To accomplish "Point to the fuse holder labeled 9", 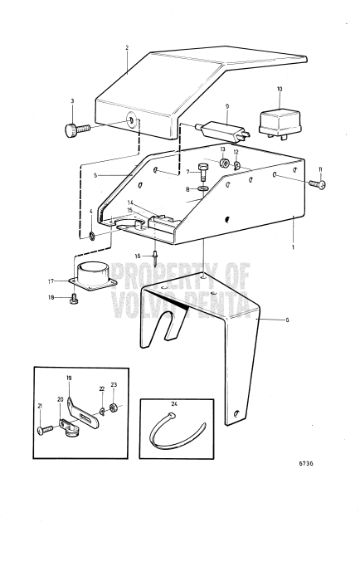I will click(x=224, y=132).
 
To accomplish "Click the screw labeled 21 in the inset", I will click(x=45, y=428).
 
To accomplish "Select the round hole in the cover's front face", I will click(x=131, y=122).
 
